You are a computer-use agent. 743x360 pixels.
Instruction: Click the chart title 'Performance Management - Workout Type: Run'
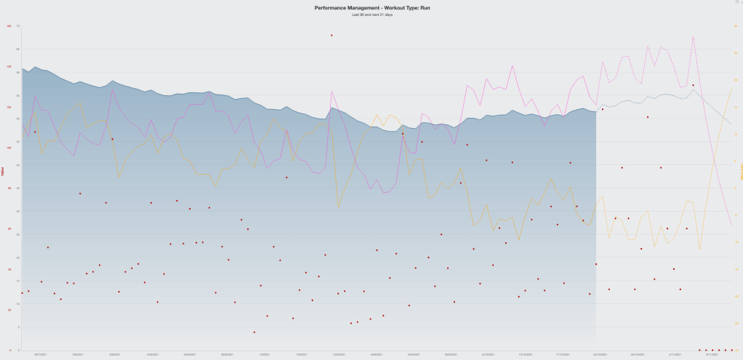[x=371, y=8]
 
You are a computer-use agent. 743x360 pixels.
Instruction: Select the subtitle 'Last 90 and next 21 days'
[x=371, y=15]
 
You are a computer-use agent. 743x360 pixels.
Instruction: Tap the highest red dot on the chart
[x=332, y=35]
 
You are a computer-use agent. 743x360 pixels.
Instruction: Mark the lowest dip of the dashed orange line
[x=699, y=249]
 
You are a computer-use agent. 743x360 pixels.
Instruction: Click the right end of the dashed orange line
[x=731, y=87]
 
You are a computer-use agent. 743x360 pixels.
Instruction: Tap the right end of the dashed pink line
[x=731, y=225]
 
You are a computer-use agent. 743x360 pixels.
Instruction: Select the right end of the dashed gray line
[x=731, y=124]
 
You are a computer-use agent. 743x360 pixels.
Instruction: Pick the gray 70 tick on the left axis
[x=17, y=26]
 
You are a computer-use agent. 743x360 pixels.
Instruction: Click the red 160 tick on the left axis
[x=9, y=26]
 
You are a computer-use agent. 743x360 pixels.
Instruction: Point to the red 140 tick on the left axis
[x=9, y=67]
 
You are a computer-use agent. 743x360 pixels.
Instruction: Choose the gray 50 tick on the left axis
[x=17, y=119]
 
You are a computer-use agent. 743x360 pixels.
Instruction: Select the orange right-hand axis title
[x=741, y=175]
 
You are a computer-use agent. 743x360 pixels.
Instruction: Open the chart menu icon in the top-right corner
[x=738, y=3]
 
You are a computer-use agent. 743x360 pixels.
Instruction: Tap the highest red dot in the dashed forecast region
[x=693, y=85]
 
